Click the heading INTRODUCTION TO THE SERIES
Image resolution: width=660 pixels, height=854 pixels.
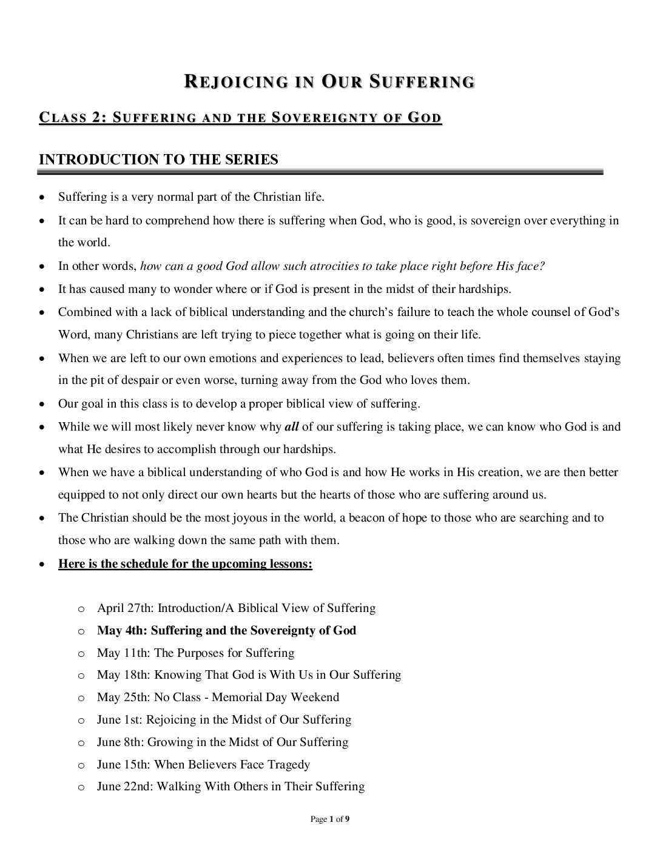(x=158, y=160)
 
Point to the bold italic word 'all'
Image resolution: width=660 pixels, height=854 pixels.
(x=291, y=426)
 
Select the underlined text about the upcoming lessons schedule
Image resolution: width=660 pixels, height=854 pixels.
(x=185, y=564)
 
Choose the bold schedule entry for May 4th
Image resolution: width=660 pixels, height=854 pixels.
(x=226, y=630)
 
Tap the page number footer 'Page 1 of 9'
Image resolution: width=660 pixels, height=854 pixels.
(x=329, y=819)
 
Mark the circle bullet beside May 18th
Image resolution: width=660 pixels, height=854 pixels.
(x=81, y=675)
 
